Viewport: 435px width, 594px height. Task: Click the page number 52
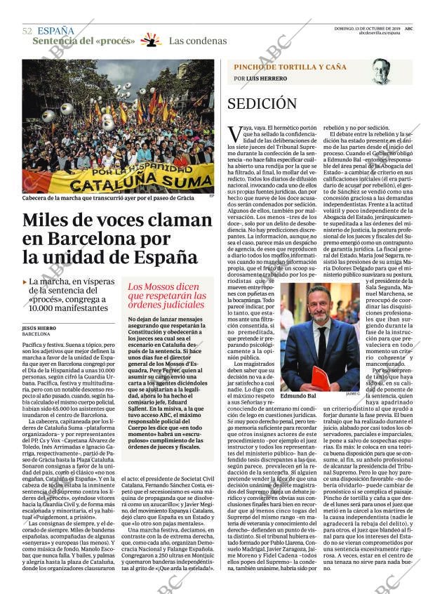click(x=27, y=31)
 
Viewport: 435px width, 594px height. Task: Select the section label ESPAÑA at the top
click(x=55, y=31)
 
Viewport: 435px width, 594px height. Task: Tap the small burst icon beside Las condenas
click(x=150, y=40)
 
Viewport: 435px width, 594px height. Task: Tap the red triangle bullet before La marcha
click(x=25, y=282)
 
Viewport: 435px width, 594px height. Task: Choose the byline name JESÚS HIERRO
click(x=41, y=328)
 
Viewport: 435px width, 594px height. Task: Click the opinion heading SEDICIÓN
click(x=262, y=104)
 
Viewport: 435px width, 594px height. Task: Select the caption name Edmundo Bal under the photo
click(x=298, y=396)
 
